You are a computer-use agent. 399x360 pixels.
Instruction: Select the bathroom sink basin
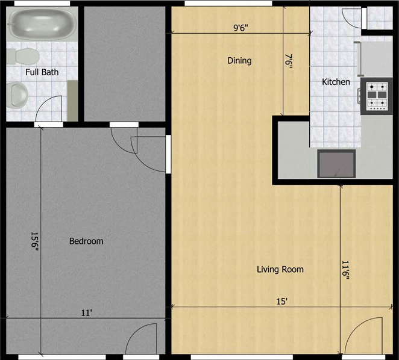[x=19, y=95]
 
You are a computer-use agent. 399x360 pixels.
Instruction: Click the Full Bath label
[x=42, y=72]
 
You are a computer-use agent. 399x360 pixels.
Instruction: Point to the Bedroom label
[x=86, y=241]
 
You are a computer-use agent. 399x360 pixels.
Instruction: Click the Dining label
[x=239, y=61]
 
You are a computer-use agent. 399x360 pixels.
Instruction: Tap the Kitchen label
[x=336, y=82]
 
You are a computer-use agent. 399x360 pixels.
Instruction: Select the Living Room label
[x=280, y=270]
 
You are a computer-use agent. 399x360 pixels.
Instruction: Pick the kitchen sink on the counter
[x=337, y=163]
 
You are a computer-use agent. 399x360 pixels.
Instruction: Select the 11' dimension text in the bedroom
[x=86, y=312]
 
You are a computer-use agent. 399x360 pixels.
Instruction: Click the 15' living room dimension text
[x=282, y=301]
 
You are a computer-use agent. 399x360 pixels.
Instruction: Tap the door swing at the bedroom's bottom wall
[x=145, y=340]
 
